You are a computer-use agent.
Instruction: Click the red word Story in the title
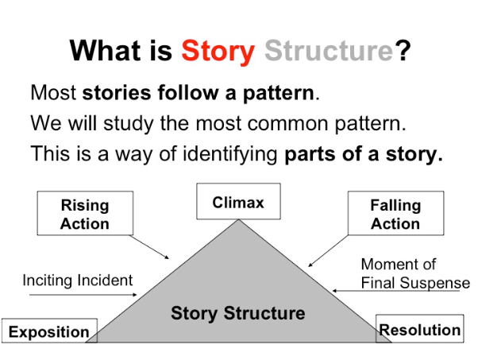click(218, 51)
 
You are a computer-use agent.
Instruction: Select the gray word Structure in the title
click(329, 51)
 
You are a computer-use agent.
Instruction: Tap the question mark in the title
click(403, 51)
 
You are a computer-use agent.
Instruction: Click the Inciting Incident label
click(77, 280)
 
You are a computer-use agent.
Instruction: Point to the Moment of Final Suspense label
click(414, 273)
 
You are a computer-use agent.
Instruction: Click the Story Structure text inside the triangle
click(237, 313)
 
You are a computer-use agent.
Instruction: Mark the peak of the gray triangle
click(237, 222)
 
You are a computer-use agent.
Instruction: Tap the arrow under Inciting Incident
click(83, 295)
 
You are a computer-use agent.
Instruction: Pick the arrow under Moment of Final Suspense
click(397, 292)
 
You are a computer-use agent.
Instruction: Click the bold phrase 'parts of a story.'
click(363, 154)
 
